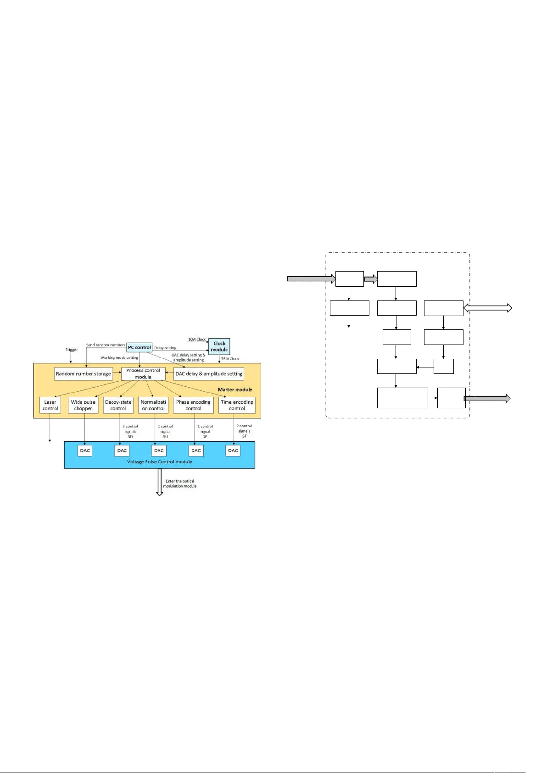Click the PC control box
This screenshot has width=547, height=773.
tap(139, 347)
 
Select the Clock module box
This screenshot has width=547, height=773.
tap(219, 346)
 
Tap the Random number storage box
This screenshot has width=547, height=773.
tap(83, 374)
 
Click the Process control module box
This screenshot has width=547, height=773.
tap(143, 373)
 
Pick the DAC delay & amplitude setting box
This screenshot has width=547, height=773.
tap(209, 374)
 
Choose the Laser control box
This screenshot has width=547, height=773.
tap(50, 405)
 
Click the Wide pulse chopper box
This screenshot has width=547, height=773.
tap(83, 405)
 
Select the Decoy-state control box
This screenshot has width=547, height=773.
tap(118, 405)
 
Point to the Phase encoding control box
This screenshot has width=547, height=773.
tap(193, 405)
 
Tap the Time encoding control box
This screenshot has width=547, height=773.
tap(237, 405)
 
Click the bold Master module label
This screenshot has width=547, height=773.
tap(235, 389)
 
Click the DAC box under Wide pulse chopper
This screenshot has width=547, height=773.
tap(85, 450)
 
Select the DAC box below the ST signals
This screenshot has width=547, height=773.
tap(233, 450)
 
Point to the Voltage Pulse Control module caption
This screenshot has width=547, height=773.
tap(159, 462)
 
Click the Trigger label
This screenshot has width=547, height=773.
tap(72, 350)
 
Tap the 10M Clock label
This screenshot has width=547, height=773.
tap(197, 339)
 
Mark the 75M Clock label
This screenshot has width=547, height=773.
tap(230, 359)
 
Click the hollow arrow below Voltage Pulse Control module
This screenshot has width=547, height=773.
tap(160, 482)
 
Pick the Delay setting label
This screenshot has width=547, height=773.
tap(165, 348)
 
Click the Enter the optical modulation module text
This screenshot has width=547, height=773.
tap(180, 484)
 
